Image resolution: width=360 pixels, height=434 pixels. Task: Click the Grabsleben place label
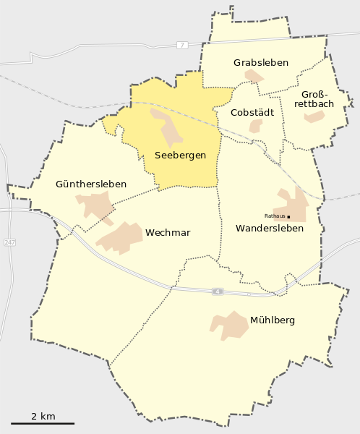coord(260,63)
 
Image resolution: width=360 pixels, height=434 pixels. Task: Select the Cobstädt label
coord(251,112)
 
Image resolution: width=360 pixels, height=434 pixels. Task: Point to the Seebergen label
coord(180,156)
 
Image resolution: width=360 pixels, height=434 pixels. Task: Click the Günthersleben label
coord(91,184)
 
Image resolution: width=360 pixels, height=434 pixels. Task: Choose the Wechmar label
coord(168,233)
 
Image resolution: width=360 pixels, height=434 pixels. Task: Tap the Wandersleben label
coord(270,229)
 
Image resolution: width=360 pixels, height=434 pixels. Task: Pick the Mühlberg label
coord(272,320)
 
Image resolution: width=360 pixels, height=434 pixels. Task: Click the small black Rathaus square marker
coord(288,216)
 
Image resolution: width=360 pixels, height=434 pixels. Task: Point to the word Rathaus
coord(275,216)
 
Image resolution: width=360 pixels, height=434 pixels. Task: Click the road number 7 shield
coord(181,45)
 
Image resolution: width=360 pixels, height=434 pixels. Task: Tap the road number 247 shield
coord(9,242)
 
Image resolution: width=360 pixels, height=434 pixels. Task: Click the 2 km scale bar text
coord(43,416)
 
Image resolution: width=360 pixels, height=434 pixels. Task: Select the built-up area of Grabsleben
coord(254,76)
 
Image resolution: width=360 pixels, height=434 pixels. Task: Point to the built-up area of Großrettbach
coord(314,116)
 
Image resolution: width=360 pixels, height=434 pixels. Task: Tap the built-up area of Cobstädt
coord(256,126)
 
